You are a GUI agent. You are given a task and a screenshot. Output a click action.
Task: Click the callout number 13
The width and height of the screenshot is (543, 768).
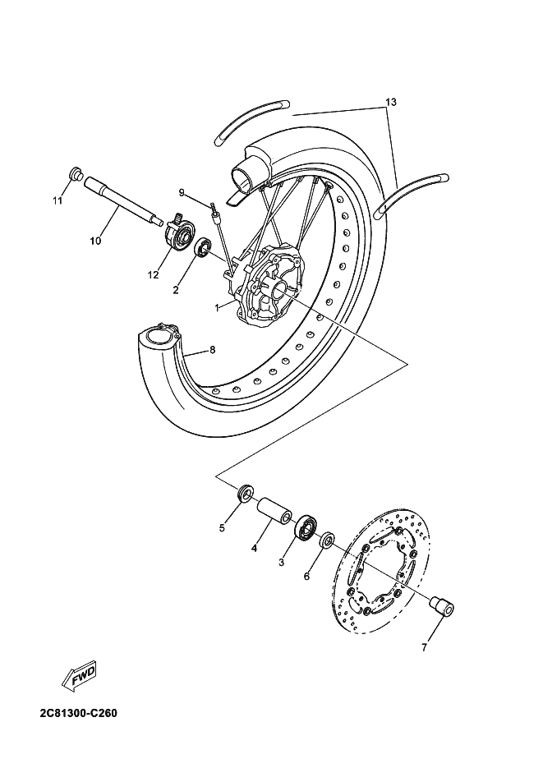coord(390,102)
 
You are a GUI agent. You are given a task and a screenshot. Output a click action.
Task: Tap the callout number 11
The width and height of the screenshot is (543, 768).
coord(58,200)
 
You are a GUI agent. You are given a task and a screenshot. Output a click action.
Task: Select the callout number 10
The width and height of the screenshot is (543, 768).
coord(95,241)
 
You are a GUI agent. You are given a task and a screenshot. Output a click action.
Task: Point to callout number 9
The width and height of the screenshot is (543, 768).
coord(182,192)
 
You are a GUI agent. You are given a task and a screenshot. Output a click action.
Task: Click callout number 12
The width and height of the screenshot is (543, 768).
coord(153,275)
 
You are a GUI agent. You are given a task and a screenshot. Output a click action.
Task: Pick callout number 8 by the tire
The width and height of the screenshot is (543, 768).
coord(212,350)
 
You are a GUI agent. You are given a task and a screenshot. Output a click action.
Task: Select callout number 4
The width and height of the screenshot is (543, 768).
coord(255,548)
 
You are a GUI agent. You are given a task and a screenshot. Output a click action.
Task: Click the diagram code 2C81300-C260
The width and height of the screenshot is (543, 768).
coord(66,712)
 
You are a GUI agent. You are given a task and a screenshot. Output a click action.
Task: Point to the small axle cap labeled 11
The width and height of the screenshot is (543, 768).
coord(73,173)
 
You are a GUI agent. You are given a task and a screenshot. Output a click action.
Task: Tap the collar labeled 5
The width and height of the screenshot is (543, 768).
coord(245,494)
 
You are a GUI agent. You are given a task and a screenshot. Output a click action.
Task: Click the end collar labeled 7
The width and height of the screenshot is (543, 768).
coord(444,607)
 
